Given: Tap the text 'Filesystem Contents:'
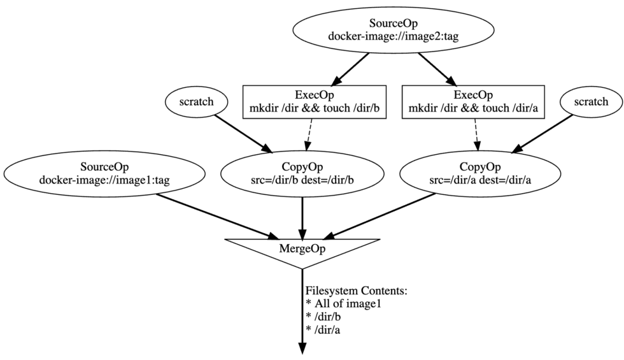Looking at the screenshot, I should [356, 291].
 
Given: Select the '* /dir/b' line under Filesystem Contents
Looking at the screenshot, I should [323, 317].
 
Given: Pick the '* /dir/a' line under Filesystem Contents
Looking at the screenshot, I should [323, 329].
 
